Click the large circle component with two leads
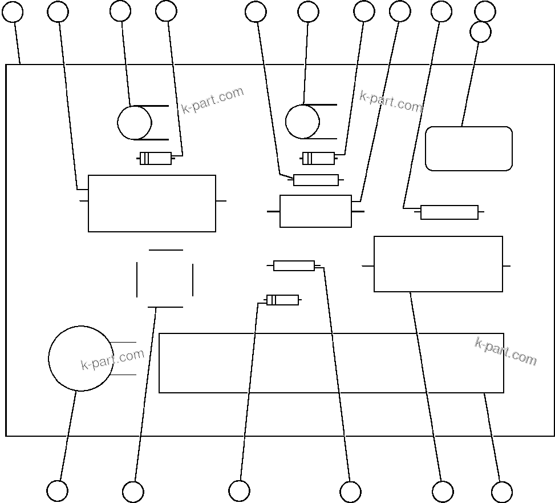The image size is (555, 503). (x=80, y=358)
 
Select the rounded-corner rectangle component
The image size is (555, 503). (x=469, y=148)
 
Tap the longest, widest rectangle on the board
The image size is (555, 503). (x=331, y=363)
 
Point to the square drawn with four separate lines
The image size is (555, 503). (x=165, y=279)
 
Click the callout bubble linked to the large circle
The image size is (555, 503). (x=57, y=491)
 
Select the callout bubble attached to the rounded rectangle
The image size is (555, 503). (x=480, y=32)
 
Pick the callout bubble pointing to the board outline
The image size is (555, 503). (x=13, y=11)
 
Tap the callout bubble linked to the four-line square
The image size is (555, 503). (x=133, y=492)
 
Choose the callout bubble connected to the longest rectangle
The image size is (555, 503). (x=502, y=492)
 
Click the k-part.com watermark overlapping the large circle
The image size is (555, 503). (x=112, y=360)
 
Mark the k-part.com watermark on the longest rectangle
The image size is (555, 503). (x=505, y=351)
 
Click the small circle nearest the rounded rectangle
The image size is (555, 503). (x=302, y=122)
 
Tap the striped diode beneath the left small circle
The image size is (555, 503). (x=156, y=159)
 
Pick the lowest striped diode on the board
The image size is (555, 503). (x=282, y=300)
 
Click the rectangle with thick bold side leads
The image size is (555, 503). (x=315, y=211)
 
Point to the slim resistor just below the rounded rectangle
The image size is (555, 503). (x=449, y=212)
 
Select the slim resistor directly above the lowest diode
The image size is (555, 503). (x=294, y=265)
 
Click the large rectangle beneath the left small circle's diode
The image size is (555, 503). (x=152, y=203)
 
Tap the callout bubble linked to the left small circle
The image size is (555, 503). (x=120, y=11)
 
